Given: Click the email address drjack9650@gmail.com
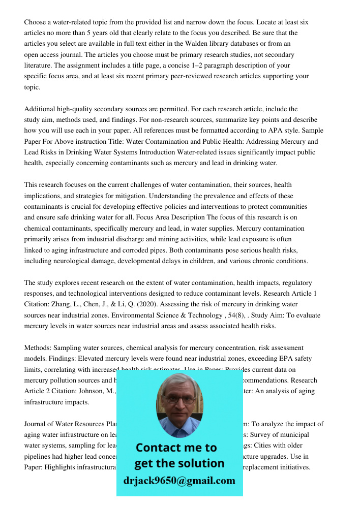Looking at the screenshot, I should coord(179,480).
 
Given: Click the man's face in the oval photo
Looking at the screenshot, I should coord(178,403).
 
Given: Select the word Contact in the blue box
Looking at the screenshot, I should coord(159,448).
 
